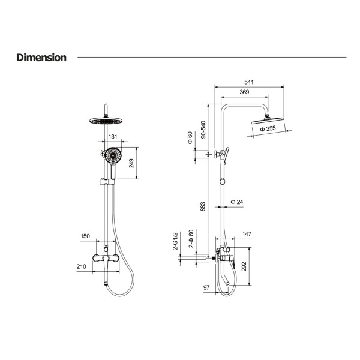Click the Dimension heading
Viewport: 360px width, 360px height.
(41, 58)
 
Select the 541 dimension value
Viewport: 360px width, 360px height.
(249, 82)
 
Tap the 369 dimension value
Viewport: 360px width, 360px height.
(244, 92)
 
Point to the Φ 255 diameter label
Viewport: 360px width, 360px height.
(268, 128)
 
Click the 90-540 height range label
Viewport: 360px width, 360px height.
(203, 130)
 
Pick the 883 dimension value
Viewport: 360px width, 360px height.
(203, 206)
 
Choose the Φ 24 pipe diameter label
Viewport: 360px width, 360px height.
(237, 202)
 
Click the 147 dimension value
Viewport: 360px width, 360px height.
(247, 234)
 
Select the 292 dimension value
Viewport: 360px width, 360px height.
(244, 266)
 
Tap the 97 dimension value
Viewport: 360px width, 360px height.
(206, 287)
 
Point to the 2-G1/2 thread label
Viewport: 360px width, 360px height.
(175, 241)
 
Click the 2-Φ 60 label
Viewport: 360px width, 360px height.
(191, 239)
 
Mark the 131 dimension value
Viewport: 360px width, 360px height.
(113, 137)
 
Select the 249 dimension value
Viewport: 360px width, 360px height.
(131, 163)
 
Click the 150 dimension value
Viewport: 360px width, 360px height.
(85, 236)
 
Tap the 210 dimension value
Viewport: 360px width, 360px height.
(81, 266)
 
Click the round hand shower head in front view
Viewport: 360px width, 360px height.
(113, 155)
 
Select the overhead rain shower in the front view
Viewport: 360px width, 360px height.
(106, 121)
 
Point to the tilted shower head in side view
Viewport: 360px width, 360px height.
(268, 121)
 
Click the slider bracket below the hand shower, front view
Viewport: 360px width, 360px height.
(107, 182)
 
